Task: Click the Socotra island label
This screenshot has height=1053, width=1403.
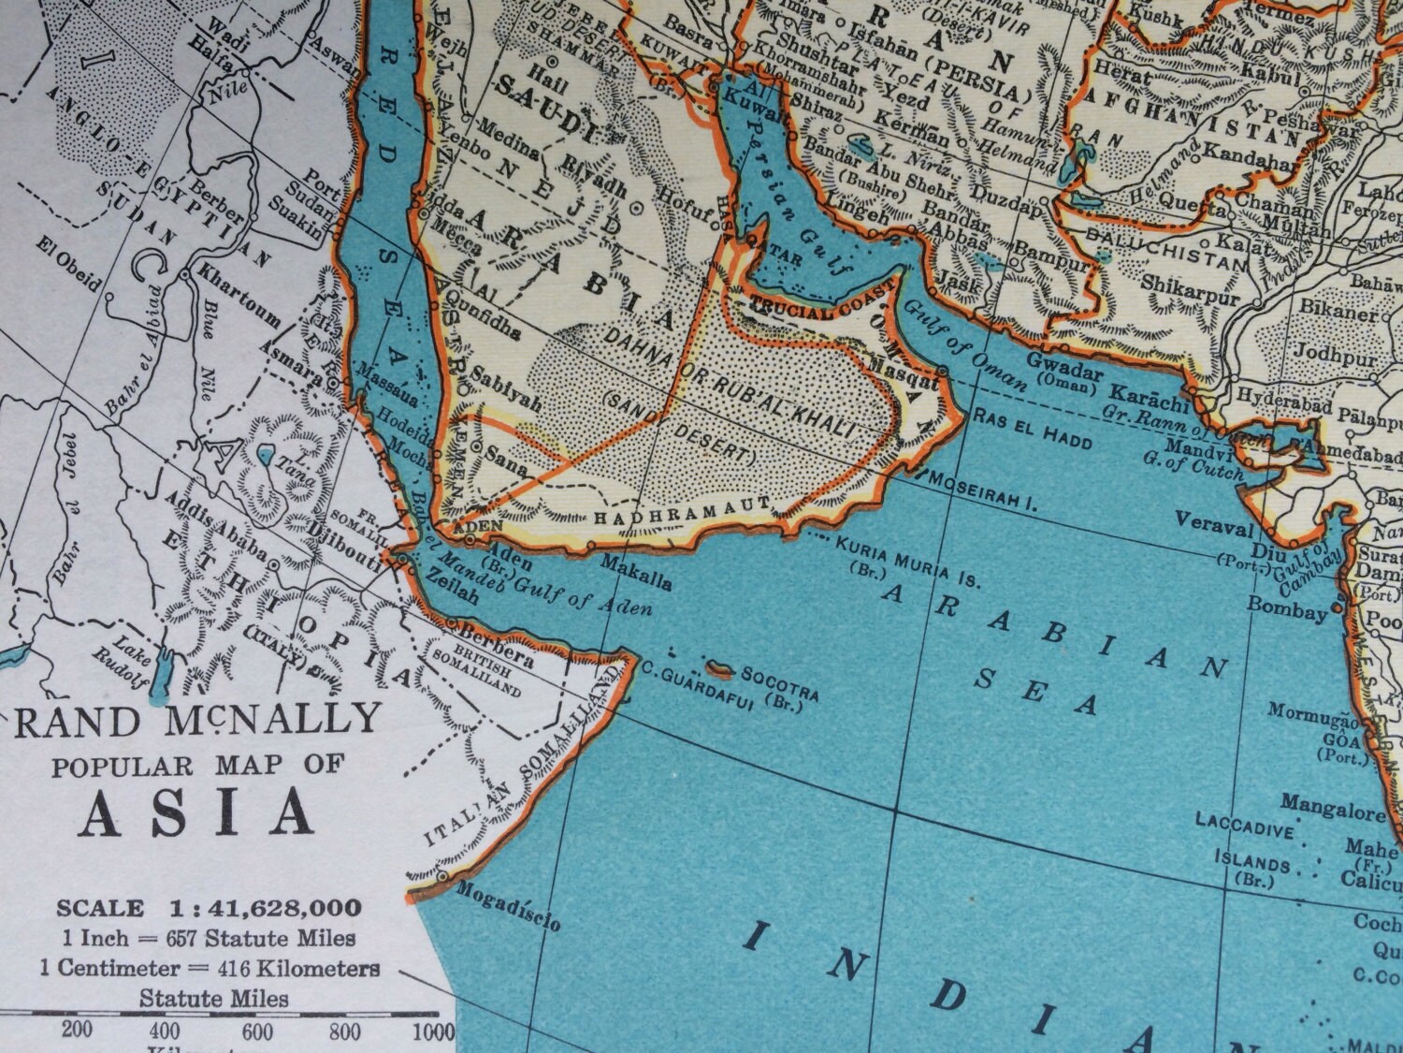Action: tap(780, 675)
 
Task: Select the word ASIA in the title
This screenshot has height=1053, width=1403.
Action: tap(195, 812)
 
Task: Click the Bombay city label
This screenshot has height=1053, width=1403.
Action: tap(1287, 608)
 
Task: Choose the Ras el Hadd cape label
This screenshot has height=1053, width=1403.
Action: tap(1031, 427)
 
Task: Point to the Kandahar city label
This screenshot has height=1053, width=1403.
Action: tap(1251, 158)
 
